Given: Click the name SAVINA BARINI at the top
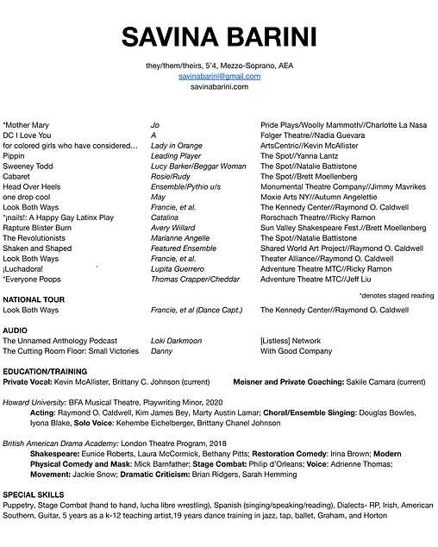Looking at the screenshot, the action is (218, 37).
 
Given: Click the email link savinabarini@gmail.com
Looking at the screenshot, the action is (218, 76).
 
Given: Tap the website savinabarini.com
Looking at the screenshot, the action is (218, 86).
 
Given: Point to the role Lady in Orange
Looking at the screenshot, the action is (177, 145).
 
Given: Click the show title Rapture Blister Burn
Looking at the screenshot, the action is (44, 228).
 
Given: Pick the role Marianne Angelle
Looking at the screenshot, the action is (180, 238).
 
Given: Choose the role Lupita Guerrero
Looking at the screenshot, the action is (177, 268).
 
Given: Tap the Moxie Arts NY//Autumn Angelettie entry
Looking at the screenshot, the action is (318, 197).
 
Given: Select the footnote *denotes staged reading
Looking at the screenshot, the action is (396, 295).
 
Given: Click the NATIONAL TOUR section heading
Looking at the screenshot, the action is (35, 299).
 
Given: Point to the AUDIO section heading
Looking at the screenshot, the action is (15, 330).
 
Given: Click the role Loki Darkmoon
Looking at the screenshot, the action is (176, 340).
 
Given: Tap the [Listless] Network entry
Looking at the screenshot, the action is (290, 340).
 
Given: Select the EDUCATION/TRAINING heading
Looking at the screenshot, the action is (45, 371).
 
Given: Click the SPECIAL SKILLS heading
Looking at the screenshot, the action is (34, 494).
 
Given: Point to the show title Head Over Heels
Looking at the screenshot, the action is (32, 186).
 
